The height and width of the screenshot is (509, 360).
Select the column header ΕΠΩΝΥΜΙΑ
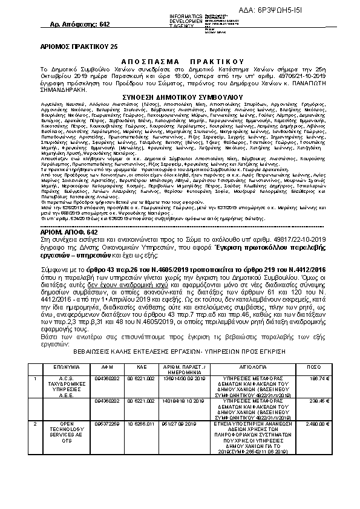point(63,366)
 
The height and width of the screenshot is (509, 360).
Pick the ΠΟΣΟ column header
point(314,366)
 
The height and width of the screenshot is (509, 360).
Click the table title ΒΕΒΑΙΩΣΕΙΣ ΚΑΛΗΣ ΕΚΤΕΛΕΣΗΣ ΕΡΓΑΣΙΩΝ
point(179,351)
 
